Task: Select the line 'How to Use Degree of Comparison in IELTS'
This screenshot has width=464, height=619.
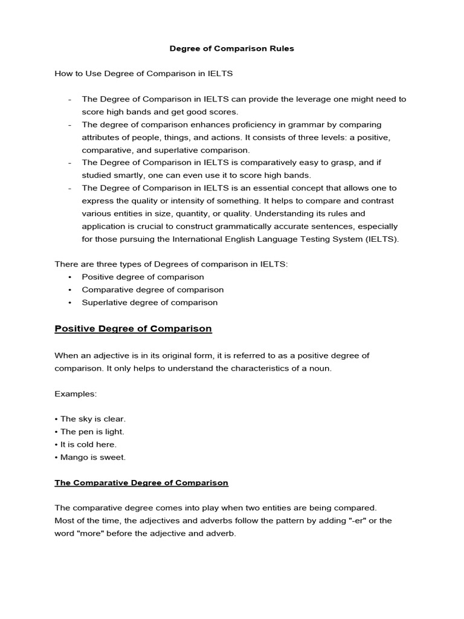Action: (143, 74)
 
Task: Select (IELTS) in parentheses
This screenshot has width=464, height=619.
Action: (379, 239)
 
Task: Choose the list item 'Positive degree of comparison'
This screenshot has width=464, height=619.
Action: (143, 277)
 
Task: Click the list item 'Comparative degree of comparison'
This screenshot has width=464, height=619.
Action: (152, 290)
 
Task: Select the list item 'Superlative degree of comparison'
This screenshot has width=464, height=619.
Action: (149, 302)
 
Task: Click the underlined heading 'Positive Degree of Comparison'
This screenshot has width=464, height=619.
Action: (133, 329)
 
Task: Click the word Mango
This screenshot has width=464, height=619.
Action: (72, 457)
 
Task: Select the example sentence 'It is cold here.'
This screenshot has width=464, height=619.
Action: (88, 444)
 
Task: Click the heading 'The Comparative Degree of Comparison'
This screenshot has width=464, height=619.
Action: (141, 483)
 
